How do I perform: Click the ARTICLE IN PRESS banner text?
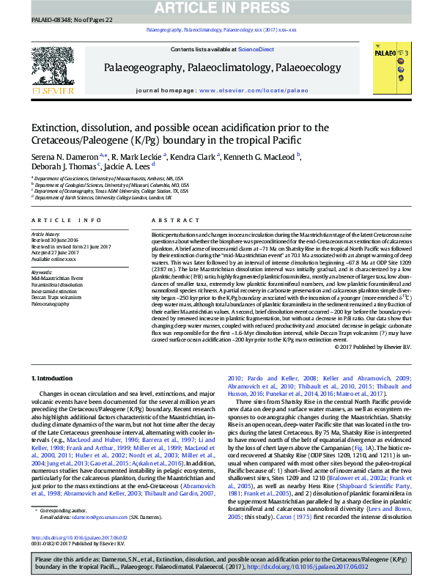(x=218, y=7)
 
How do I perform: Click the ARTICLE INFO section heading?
(x=67, y=220)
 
